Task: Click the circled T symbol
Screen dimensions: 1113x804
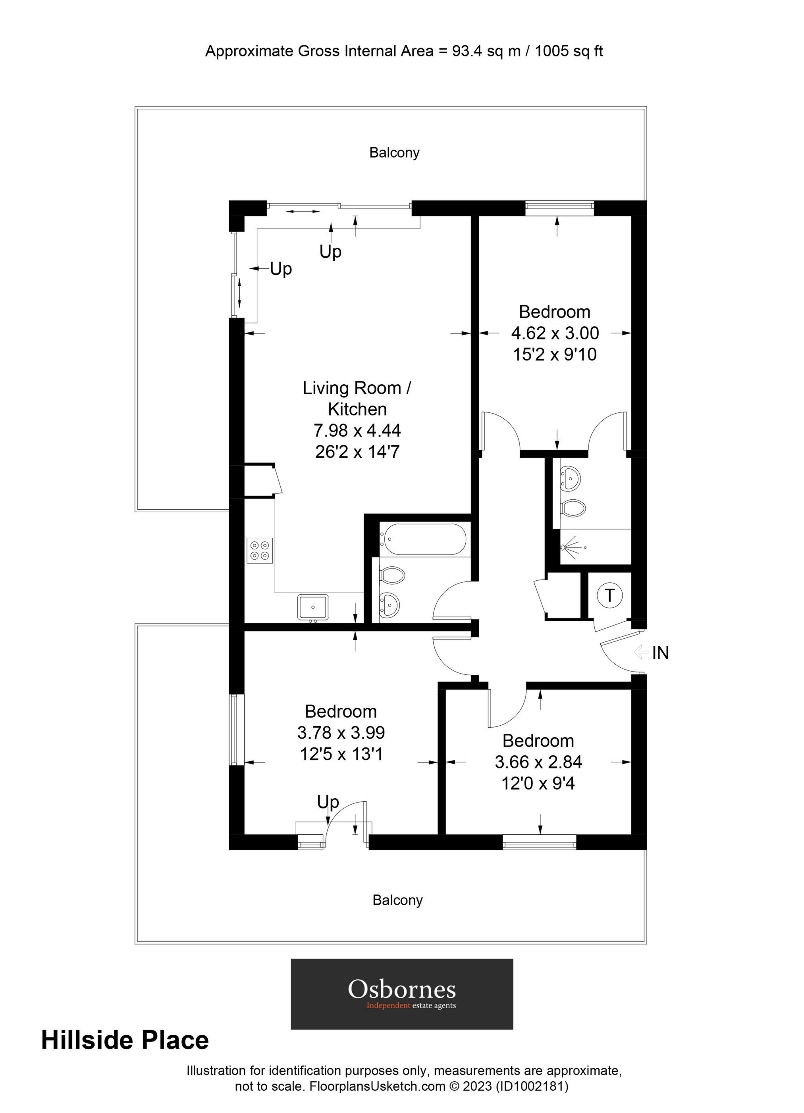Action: (609, 595)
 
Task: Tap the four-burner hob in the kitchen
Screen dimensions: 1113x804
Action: (260, 550)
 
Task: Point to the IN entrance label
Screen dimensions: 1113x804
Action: (660, 653)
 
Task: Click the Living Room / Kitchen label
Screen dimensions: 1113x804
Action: (357, 398)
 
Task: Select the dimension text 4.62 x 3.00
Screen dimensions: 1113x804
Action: (555, 333)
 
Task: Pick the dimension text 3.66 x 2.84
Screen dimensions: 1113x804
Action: (538, 762)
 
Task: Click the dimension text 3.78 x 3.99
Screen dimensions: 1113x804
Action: (341, 733)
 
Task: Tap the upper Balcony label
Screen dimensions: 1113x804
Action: (394, 152)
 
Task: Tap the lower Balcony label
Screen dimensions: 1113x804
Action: (397, 898)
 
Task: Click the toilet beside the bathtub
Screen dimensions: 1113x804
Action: (392, 575)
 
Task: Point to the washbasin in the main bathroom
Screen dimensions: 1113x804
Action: (390, 604)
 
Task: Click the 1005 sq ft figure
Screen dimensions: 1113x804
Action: (569, 51)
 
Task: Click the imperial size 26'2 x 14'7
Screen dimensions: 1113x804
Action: (357, 451)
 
